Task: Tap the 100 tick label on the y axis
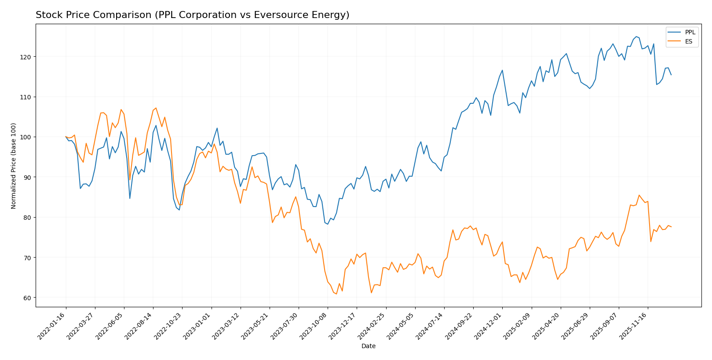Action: [x=28, y=137]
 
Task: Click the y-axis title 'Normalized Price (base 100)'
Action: [x=14, y=166]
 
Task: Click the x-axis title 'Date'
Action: [x=368, y=346]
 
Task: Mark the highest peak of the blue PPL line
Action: [x=636, y=36]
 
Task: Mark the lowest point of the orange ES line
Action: [x=336, y=294]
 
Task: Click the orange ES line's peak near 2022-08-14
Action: [x=156, y=108]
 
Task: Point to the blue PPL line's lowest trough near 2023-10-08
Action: [x=328, y=224]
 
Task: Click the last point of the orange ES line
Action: [x=671, y=227]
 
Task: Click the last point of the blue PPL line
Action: [x=671, y=75]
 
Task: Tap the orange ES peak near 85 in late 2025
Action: [x=639, y=195]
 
